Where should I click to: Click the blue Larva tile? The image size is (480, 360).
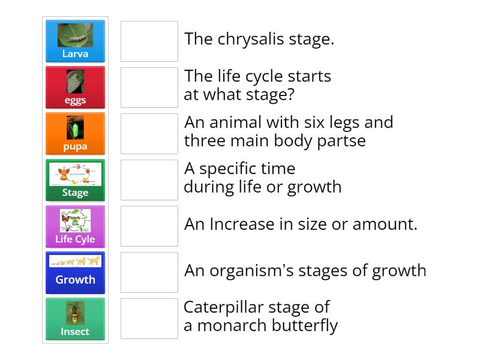pyautogui.click(x=75, y=41)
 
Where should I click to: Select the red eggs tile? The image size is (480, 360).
pyautogui.click(x=75, y=88)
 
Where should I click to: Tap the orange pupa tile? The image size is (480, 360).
pyautogui.click(x=75, y=134)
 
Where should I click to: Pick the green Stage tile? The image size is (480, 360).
pyautogui.click(x=75, y=180)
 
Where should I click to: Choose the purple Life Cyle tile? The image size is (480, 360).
pyautogui.click(x=75, y=226)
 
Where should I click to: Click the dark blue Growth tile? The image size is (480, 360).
pyautogui.click(x=75, y=272)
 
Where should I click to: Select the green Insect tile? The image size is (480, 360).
pyautogui.click(x=75, y=319)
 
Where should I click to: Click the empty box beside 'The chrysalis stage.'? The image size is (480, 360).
pyautogui.click(x=149, y=41)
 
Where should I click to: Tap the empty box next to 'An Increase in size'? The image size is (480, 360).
pyautogui.click(x=149, y=226)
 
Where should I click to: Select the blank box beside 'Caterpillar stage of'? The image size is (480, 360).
pyautogui.click(x=149, y=319)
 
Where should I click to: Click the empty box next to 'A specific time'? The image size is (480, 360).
pyautogui.click(x=149, y=180)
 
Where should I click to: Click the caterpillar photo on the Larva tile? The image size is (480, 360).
pyautogui.click(x=75, y=35)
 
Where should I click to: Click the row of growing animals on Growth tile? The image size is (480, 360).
pyautogui.click(x=75, y=261)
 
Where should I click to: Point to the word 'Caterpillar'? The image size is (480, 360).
pyautogui.click(x=221, y=307)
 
